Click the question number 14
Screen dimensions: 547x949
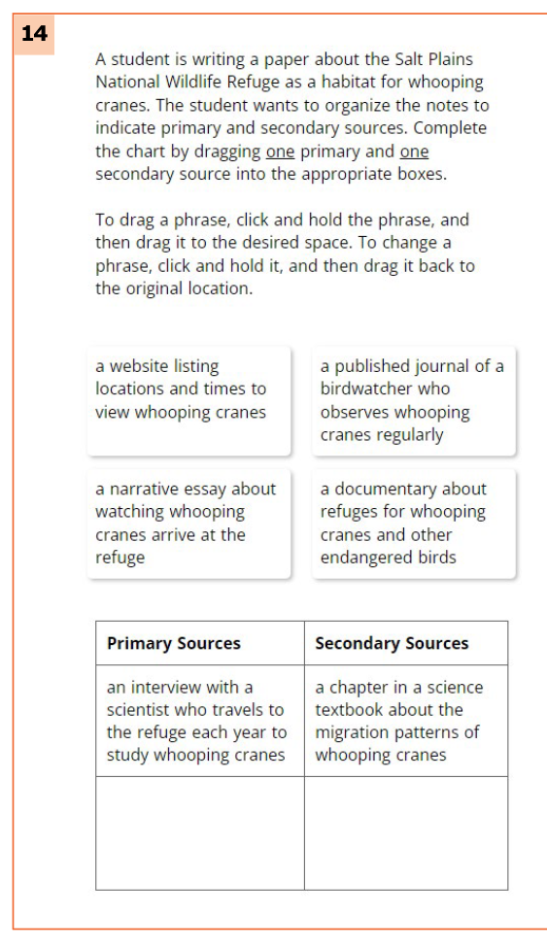pos(33,34)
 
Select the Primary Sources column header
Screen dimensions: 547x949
pos(173,643)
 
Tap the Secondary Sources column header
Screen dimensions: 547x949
pos(392,643)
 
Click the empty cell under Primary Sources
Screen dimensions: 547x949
pos(199,832)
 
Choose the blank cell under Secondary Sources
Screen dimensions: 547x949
pos(405,832)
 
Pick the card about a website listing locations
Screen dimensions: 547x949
pos(188,400)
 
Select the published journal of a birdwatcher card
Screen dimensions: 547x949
pos(413,400)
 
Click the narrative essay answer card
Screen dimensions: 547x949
pos(188,524)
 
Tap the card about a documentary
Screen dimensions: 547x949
pos(413,524)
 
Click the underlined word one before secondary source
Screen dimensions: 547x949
pos(414,153)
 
